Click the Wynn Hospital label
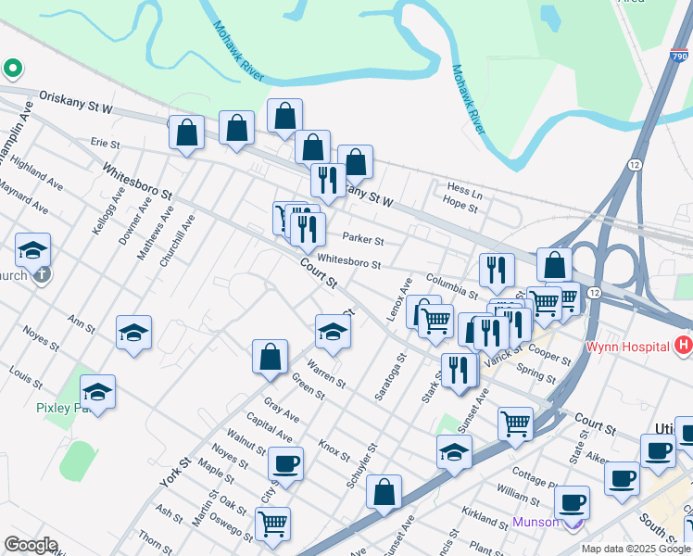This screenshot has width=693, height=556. pos(627,347)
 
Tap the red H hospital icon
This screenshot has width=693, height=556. pos(684,346)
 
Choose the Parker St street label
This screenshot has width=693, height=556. pos(363,238)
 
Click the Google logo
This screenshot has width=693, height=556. pos(31,545)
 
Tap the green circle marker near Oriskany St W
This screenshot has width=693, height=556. pos(13,68)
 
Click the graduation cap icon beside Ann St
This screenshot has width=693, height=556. pos(134,333)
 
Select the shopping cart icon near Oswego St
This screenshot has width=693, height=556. pos(272,524)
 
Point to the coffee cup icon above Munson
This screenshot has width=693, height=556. pos(573,501)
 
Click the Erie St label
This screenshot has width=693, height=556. pos(105,144)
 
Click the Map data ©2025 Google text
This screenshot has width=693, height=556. pos(635,549)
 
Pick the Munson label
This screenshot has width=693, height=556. pos(536,522)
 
